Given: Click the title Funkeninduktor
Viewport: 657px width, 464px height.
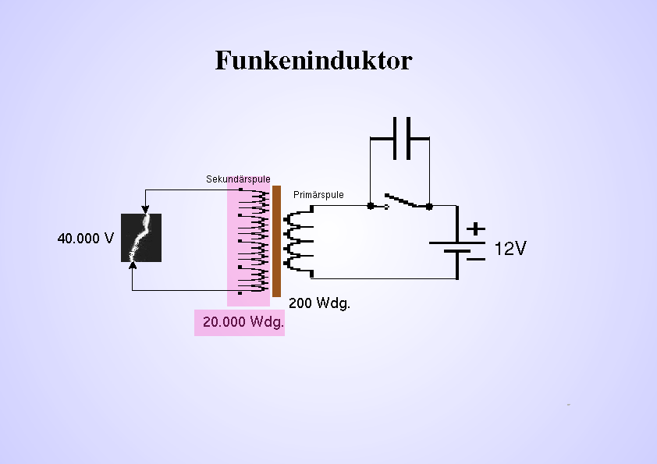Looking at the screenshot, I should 313,61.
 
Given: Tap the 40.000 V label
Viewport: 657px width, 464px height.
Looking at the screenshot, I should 85,238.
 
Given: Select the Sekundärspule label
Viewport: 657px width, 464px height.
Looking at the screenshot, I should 238,179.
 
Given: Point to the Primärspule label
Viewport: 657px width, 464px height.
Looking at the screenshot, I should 318,195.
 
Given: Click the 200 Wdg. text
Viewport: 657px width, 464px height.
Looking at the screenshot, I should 319,303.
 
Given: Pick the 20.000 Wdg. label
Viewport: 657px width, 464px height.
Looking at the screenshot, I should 243,322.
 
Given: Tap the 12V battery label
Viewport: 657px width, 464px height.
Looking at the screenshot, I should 510,249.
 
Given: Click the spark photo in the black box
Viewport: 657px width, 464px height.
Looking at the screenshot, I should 141,238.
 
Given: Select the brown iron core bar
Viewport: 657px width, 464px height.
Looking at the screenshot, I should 276,241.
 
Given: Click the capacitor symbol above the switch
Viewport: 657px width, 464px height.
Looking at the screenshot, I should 400,138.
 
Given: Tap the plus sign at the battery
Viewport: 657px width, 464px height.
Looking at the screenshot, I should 475,229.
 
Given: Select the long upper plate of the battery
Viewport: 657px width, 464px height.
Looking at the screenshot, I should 456,243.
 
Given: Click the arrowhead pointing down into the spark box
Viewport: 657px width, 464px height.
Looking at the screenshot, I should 144,208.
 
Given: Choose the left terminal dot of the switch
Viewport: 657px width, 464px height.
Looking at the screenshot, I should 371,207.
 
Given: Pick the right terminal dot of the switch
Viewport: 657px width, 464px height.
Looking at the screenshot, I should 429,207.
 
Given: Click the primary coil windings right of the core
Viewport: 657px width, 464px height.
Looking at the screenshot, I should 297,242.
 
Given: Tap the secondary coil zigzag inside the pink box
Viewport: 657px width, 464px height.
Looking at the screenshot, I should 254,238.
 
